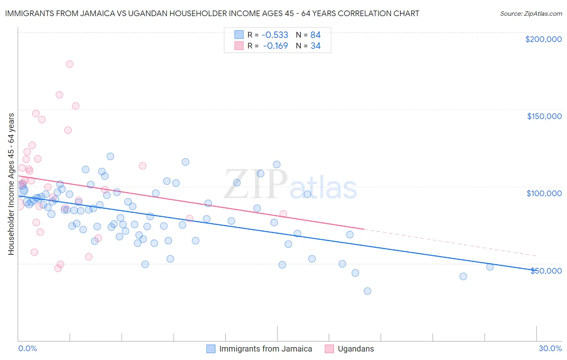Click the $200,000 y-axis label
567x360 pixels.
tap(543, 39)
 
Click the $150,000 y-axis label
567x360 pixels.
tap(544, 116)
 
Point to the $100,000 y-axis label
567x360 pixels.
tap(544, 193)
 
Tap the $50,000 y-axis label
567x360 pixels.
tap(546, 270)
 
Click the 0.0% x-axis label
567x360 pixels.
tap(27, 348)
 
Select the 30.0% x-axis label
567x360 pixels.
tap(550, 348)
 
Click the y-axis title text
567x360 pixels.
tap(11, 184)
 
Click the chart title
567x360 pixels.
tap(212, 13)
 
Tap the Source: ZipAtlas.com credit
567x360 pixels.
tap(531, 14)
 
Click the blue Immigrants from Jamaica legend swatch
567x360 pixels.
tap(211, 349)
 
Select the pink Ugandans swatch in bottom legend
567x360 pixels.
tap(329, 349)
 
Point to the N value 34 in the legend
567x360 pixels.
tap(315, 46)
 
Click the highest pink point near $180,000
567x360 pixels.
tap(69, 64)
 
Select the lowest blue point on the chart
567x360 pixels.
tap(367, 291)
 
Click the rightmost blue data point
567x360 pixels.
tap(490, 267)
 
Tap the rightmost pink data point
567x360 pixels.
tap(283, 214)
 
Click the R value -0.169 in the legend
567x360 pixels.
tap(276, 46)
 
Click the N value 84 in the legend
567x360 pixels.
tap(315, 35)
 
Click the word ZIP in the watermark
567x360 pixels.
tap(255, 184)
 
